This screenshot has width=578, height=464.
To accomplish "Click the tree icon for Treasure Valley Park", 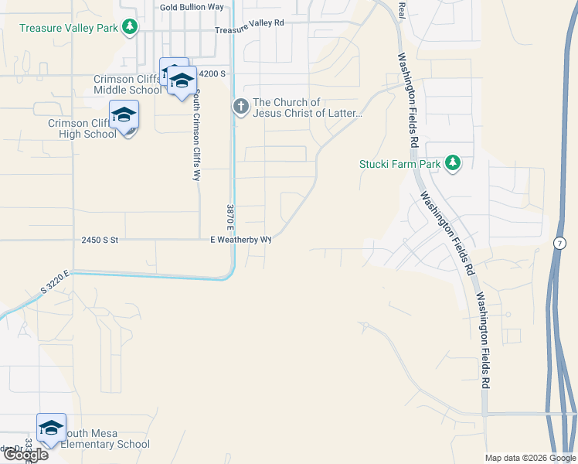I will [x=131, y=27].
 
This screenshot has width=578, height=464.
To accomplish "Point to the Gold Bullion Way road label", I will [x=192, y=7].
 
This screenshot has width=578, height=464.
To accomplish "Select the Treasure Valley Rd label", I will [x=250, y=24].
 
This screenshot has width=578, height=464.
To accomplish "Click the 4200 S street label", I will [x=212, y=73].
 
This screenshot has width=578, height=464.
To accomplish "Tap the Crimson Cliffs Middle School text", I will [x=127, y=84].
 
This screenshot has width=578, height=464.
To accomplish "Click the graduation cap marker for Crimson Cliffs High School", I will [x=124, y=115].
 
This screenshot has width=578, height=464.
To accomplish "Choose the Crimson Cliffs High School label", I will [x=81, y=128].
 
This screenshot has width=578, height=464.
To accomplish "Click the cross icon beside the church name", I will [x=240, y=106].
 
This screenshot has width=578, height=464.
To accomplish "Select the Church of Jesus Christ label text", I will [x=307, y=108].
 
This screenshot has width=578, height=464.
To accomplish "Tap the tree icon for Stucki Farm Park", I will [x=453, y=162].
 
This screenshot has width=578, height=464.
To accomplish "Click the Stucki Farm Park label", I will [x=399, y=164].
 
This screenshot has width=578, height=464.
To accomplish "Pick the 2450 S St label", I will [x=99, y=241].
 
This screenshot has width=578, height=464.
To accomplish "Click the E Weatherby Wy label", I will [x=241, y=240].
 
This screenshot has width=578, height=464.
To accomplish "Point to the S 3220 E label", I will [x=55, y=283].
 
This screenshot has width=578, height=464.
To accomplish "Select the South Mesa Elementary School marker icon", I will [x=51, y=428].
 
